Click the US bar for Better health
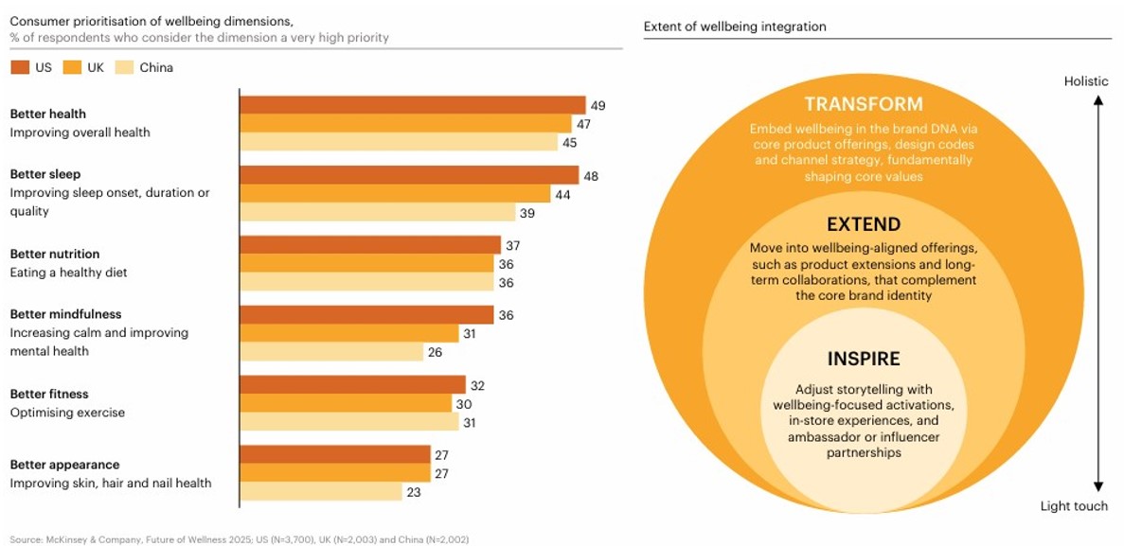[x=412, y=105]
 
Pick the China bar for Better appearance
[x=321, y=492]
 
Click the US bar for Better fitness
[x=352, y=385]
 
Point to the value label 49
[x=597, y=105]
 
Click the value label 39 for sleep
[x=527, y=213]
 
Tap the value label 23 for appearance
[x=415, y=492]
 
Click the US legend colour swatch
[x=20, y=67]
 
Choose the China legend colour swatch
[x=123, y=67]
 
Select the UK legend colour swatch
[x=72, y=67]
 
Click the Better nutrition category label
[x=55, y=254]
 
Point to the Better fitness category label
[x=47, y=394]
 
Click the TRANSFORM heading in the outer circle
[x=863, y=105]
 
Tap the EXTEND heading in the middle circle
[x=863, y=225]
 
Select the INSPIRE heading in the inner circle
[x=863, y=360]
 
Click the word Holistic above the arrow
[x=1085, y=81]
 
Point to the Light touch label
[x=1074, y=506]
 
